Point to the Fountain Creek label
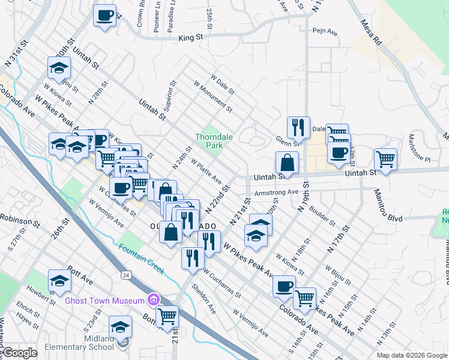pos(141,259)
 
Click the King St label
pos(191,37)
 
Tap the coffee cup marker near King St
pos(105,15)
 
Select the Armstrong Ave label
pos(276,192)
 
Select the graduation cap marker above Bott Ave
pos(59,280)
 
